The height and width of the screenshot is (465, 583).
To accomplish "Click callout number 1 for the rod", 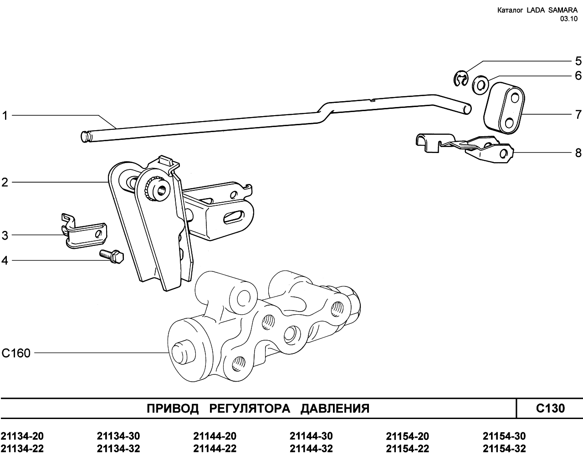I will (x=5, y=116).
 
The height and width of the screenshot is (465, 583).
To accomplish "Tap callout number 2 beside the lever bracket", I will (x=5, y=183).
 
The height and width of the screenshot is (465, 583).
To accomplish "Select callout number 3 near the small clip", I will (x=5, y=235).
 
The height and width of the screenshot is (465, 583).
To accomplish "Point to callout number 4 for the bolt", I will (x=5, y=261).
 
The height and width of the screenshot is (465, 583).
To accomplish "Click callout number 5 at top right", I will (x=578, y=61).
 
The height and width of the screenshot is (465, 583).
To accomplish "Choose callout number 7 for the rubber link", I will (x=578, y=113).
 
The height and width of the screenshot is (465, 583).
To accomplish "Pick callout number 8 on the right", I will (x=578, y=153).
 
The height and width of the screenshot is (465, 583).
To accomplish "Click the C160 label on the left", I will (x=16, y=353).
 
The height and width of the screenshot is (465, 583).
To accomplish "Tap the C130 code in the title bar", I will (x=550, y=408).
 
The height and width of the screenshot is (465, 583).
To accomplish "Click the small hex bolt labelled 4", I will (x=112, y=256).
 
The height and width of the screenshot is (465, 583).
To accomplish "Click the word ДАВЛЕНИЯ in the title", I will (x=334, y=409).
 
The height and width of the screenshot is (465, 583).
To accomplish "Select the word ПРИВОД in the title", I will (x=173, y=409).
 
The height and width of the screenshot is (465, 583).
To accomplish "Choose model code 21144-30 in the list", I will (x=311, y=436).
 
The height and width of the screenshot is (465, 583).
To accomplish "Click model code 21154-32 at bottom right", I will (x=504, y=449).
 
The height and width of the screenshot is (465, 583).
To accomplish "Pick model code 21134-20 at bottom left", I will (x=22, y=436).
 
